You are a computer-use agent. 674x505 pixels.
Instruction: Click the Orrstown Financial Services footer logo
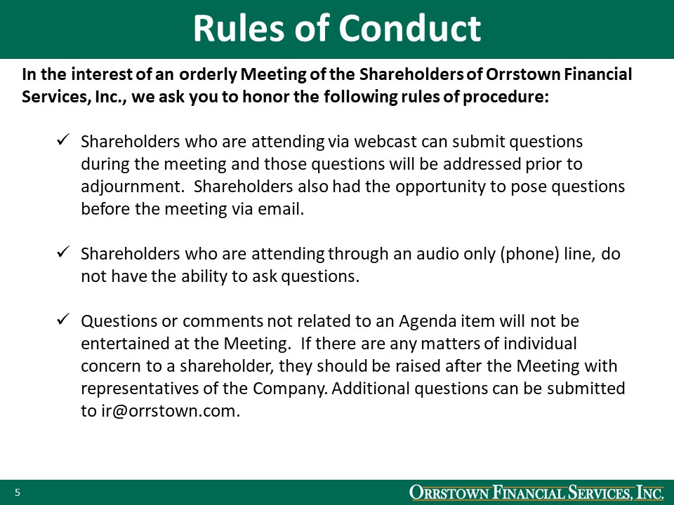click(536, 493)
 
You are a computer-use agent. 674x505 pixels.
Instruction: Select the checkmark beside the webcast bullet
click(62, 141)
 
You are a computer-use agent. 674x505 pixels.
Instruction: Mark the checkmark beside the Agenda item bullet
click(62, 320)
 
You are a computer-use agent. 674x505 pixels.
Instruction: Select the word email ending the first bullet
click(282, 209)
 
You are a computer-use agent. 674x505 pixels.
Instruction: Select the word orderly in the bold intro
click(209, 74)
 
